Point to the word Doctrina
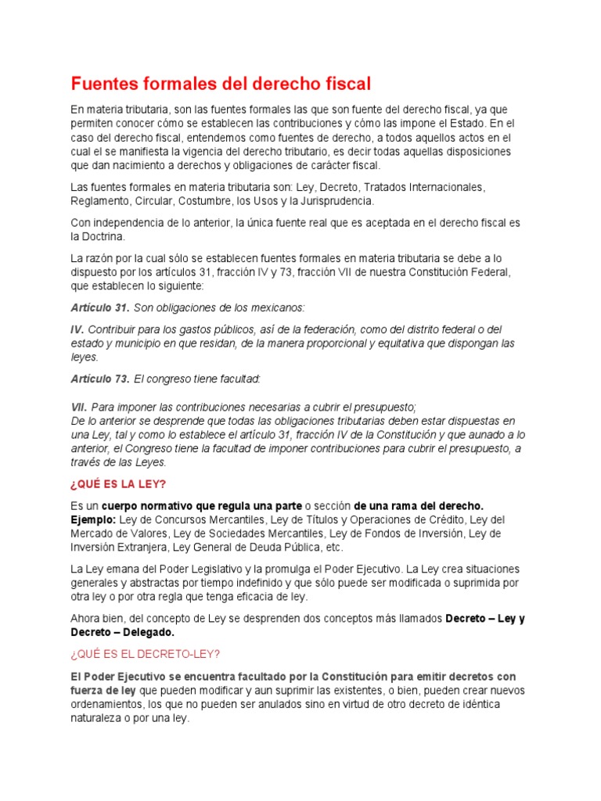click(x=103, y=236)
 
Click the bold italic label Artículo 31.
click(x=100, y=307)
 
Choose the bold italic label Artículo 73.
click(x=100, y=379)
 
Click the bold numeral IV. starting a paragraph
click(x=77, y=329)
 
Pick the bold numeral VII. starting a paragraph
click(x=79, y=408)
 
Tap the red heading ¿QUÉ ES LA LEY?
click(x=120, y=483)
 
